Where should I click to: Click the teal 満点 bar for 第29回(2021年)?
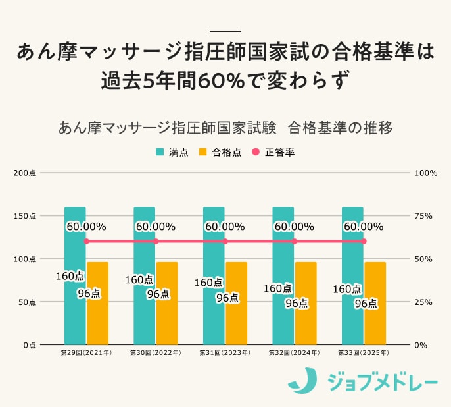click(x=75, y=310)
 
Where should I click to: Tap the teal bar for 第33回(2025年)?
click(x=352, y=316)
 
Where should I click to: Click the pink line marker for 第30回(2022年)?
click(x=156, y=241)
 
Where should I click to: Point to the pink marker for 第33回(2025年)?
click(x=364, y=241)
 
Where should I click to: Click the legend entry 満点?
click(x=172, y=152)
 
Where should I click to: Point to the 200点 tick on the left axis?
click(x=28, y=173)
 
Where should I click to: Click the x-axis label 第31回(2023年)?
click(x=225, y=354)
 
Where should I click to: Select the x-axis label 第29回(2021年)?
click(x=86, y=354)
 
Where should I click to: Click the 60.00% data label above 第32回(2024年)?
click(x=294, y=227)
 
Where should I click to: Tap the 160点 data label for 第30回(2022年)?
click(x=139, y=279)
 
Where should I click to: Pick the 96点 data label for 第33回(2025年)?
click(x=366, y=304)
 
